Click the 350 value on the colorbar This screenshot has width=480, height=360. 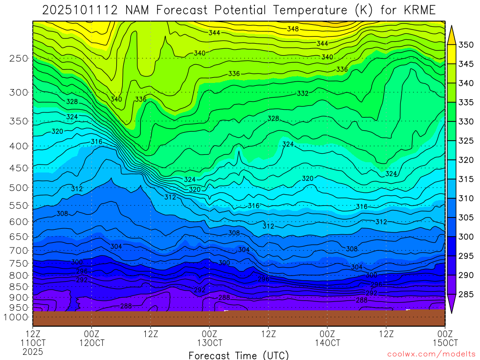466,45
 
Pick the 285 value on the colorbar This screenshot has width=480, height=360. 466,294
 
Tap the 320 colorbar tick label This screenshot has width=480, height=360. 466,160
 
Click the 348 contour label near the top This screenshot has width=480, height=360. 293,29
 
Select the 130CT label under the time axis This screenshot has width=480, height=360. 210,343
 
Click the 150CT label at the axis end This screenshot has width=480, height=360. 444,343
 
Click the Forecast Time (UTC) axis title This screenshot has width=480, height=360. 239,355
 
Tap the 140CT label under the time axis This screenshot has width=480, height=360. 327,343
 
